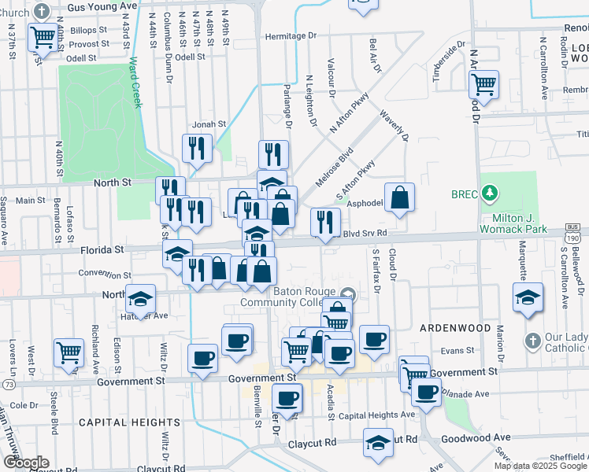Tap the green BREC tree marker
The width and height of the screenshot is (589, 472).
[x=490, y=192]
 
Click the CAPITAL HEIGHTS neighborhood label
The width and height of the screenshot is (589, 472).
[x=116, y=422]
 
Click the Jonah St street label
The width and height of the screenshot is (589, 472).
[x=210, y=124]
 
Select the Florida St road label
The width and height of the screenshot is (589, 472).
[x=102, y=249]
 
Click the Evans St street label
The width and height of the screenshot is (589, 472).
[x=457, y=350]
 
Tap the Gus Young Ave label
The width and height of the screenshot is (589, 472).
[x=102, y=5]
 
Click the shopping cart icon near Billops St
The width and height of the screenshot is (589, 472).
[x=43, y=36]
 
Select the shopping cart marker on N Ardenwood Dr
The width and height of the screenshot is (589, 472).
[x=483, y=83]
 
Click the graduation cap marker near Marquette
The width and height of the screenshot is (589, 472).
[x=527, y=298]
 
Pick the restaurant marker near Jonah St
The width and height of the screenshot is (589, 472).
[x=197, y=148]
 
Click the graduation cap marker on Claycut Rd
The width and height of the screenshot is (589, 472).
[x=379, y=442]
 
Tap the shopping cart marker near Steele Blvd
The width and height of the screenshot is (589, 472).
[x=69, y=352]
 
